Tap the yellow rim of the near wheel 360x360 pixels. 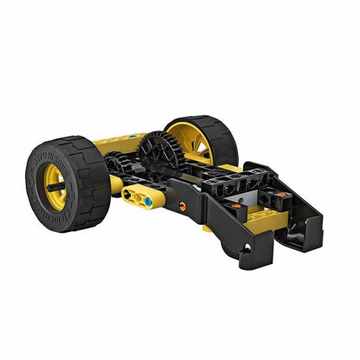55,183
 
